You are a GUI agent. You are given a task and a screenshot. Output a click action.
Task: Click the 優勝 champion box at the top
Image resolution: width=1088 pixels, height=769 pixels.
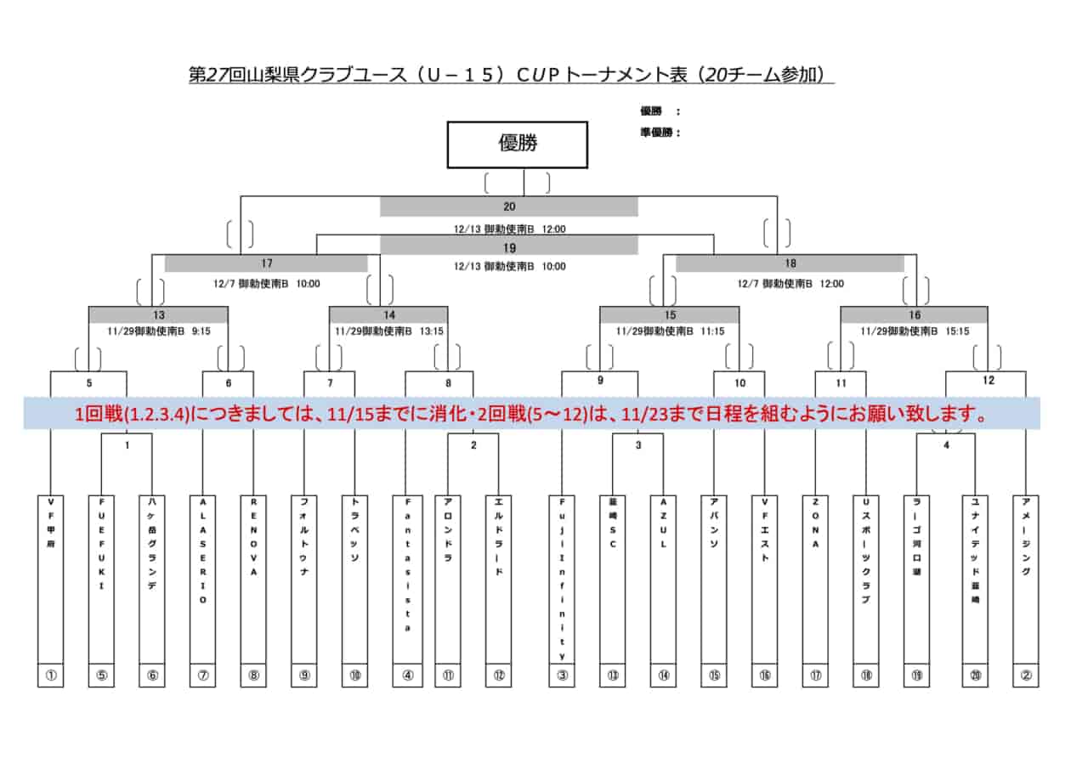[518, 144]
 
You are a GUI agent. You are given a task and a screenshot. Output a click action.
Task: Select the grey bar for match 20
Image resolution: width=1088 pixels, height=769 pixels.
[508, 206]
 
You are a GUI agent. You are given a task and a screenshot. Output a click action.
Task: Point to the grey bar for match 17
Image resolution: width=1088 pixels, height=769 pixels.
[266, 263]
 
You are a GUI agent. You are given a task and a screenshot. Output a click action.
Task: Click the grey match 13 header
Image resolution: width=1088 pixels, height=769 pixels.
[158, 315]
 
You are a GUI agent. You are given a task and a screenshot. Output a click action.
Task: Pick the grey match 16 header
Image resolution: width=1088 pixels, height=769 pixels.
[914, 315]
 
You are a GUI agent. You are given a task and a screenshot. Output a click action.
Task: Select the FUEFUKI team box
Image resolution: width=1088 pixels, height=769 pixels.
[101, 578]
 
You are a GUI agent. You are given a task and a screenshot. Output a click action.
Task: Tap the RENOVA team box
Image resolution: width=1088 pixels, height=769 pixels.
[253, 578]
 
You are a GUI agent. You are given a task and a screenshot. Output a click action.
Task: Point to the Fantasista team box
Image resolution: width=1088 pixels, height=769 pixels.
[407, 578]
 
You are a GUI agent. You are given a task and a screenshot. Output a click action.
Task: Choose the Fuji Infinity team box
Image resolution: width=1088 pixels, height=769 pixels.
[562, 578]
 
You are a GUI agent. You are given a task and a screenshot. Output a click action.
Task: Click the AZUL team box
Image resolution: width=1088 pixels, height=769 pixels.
[663, 578]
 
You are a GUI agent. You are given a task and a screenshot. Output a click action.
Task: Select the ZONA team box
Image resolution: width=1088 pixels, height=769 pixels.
[815, 578]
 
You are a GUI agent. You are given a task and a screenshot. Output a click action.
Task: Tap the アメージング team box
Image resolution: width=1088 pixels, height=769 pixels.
[1026, 578]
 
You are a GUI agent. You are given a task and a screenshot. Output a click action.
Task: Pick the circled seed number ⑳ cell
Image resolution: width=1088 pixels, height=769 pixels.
[975, 676]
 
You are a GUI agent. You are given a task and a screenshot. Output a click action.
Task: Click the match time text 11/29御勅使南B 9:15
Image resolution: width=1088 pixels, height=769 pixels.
[158, 331]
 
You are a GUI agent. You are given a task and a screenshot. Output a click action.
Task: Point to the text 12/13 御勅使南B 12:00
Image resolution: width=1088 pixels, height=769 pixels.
[508, 229]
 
